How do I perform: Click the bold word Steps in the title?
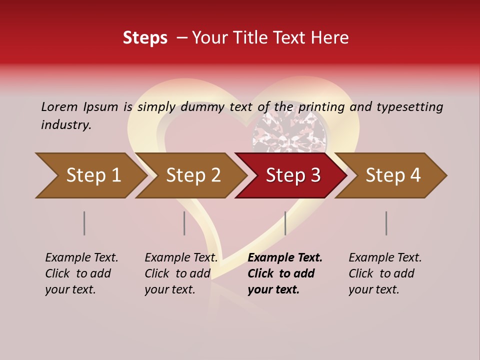click(x=145, y=38)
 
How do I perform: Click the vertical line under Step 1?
click(x=84, y=223)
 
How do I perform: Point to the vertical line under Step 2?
click(x=184, y=223)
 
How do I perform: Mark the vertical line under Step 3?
click(x=285, y=223)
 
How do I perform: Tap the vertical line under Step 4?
click(x=386, y=223)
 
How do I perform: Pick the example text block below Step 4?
click(x=385, y=273)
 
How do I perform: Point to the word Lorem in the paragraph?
click(x=59, y=106)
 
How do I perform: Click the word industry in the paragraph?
click(x=65, y=125)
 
